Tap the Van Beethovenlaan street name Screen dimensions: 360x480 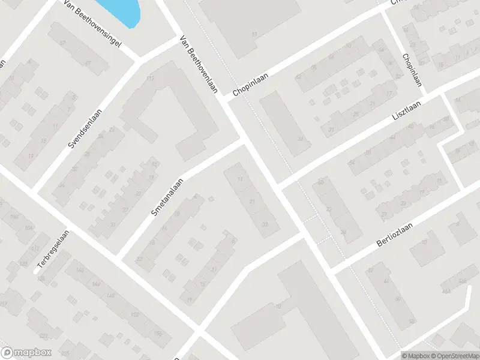tap(199, 65)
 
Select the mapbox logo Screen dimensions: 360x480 tap(26, 352)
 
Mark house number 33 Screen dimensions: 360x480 tap(265, 224)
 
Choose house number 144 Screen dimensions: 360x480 tap(96, 283)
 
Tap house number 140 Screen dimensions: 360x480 tap(80, 270)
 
